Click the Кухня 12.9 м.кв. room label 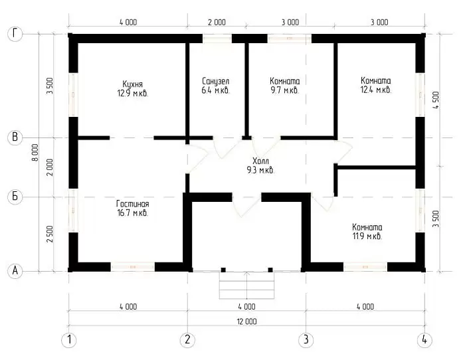point(133,88)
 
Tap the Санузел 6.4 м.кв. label point(216,86)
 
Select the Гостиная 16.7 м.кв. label point(133,208)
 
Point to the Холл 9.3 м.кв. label point(260,166)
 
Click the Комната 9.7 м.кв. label point(285,86)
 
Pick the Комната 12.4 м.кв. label point(376,85)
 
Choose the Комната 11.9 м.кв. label point(367,232)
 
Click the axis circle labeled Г point(15,34)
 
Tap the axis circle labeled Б point(15,197)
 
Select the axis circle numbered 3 point(306,340)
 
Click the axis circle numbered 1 point(69,340)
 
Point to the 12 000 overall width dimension point(246,321)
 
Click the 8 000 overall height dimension point(35,152)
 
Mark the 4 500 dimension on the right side point(436,100)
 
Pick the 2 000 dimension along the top point(217,22)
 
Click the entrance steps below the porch point(246,285)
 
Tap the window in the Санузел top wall point(217,39)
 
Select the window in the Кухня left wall point(73,94)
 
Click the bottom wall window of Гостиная point(133,267)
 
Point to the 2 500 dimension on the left point(50,234)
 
